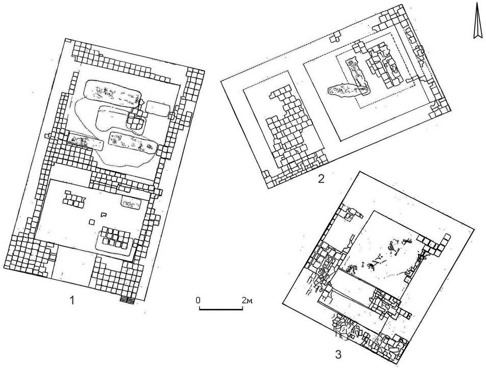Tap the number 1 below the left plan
72,300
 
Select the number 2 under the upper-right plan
320,179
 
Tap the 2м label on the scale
247,300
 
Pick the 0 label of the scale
198,300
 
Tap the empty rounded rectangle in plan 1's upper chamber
157,108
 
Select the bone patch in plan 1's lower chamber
131,203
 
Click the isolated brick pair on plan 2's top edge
335,38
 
